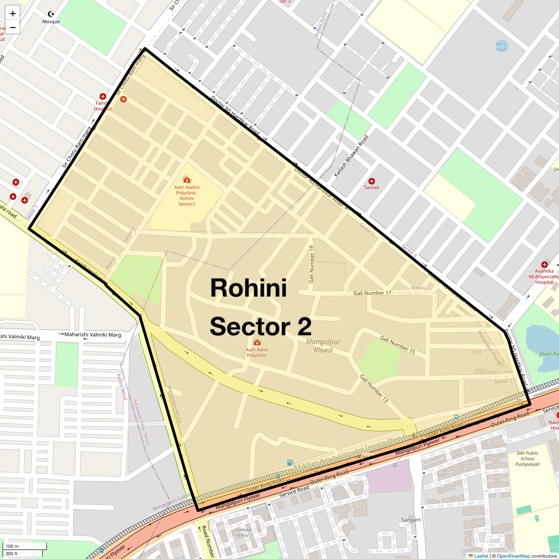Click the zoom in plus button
click(13, 14)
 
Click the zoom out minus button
click(13, 27)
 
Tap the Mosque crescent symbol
click(51, 14)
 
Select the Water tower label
click(502, 46)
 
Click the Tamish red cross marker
click(372, 181)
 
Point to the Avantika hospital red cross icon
click(544, 265)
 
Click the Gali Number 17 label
click(372, 293)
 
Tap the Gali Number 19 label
click(312, 265)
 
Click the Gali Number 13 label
click(374, 389)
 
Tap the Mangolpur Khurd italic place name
click(323, 346)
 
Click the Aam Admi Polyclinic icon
click(257, 343)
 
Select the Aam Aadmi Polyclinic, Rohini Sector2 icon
click(186, 179)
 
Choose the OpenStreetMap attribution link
click(513, 556)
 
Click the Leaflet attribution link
click(481, 556)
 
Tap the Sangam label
click(411, 520)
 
